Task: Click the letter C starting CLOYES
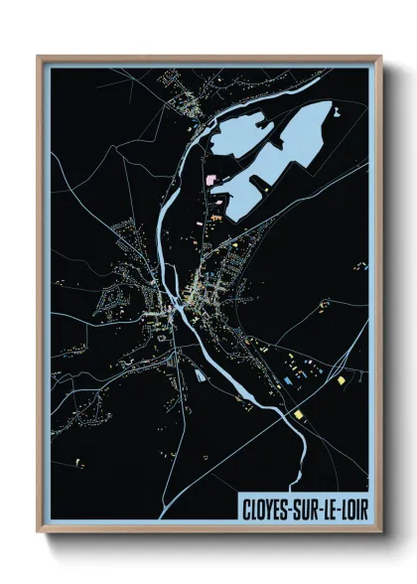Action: click(x=247, y=509)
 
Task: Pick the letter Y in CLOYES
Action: click(x=271, y=509)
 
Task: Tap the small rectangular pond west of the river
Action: click(x=199, y=375)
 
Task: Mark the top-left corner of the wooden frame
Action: click(x=39, y=57)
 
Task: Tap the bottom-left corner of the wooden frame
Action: click(x=39, y=534)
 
